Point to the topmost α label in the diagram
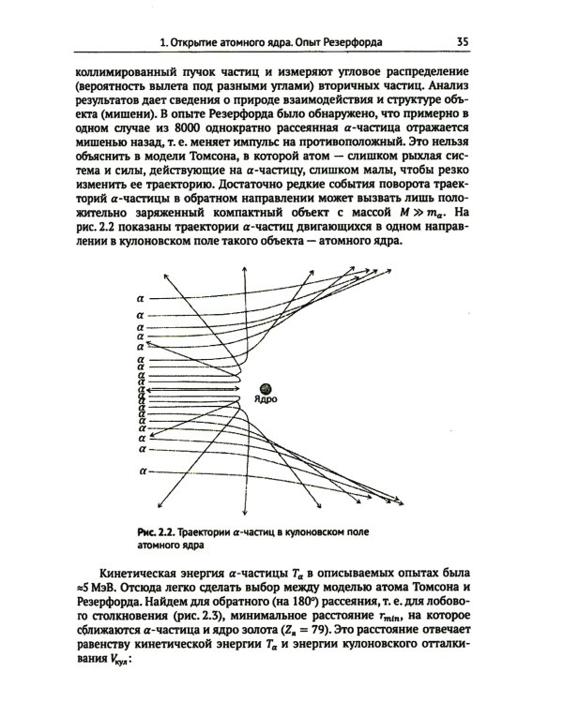(140, 298)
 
